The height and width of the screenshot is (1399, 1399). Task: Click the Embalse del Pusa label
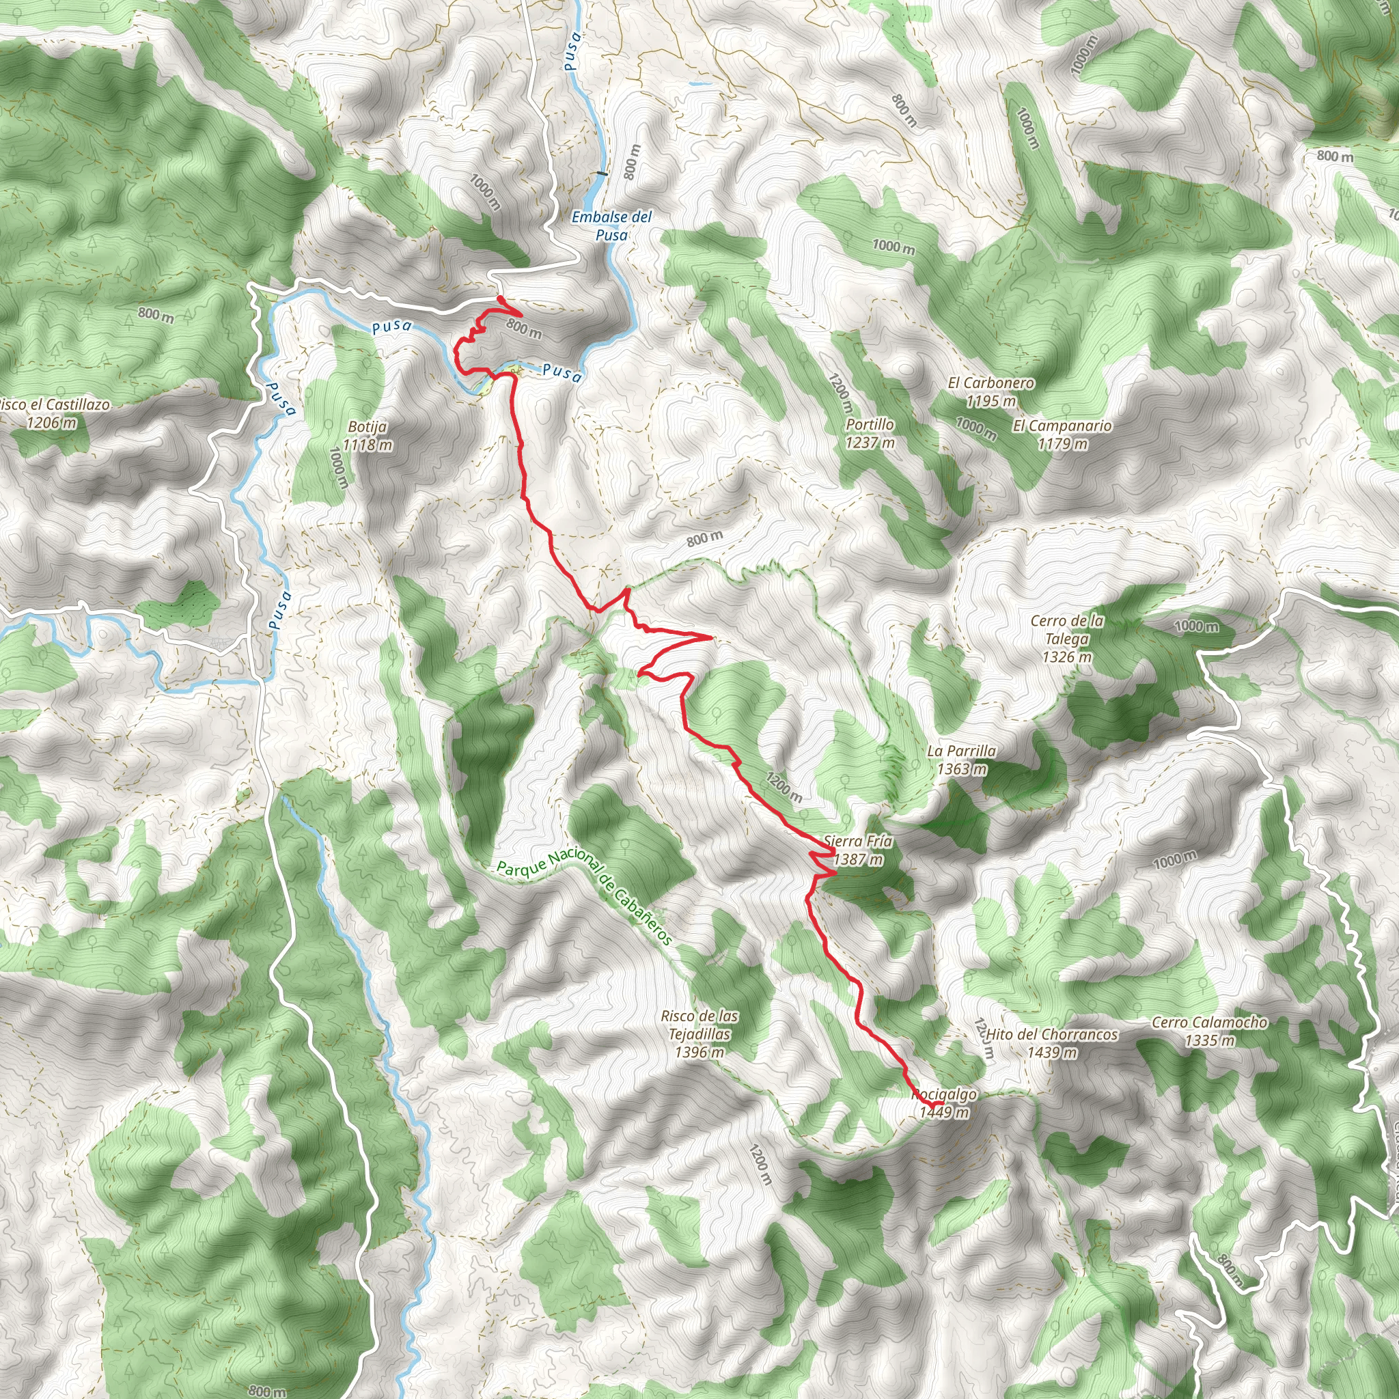[x=611, y=226]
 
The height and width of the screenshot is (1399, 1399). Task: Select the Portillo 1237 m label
[x=870, y=433]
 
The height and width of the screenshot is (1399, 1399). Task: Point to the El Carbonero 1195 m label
[x=991, y=391]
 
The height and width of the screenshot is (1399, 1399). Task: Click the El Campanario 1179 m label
[x=1062, y=434]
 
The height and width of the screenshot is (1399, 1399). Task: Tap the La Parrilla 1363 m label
[x=961, y=760]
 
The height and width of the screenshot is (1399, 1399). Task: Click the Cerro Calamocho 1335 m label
[x=1209, y=1031]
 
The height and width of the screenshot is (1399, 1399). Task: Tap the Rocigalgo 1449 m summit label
[x=943, y=1104]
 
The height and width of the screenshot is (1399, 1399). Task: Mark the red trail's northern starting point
[x=500, y=299]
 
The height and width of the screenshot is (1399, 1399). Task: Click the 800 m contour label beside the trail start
[x=523, y=328]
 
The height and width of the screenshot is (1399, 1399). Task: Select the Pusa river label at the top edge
[x=572, y=51]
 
